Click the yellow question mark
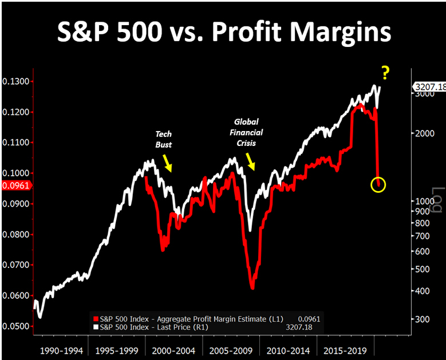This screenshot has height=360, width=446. (x=385, y=73)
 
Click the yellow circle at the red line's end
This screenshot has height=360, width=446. (x=378, y=184)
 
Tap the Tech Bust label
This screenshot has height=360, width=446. (x=164, y=139)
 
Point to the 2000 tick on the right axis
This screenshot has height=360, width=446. (x=421, y=133)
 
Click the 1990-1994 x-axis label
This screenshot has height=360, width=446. (x=60, y=350)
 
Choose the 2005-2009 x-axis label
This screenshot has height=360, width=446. (x=230, y=350)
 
